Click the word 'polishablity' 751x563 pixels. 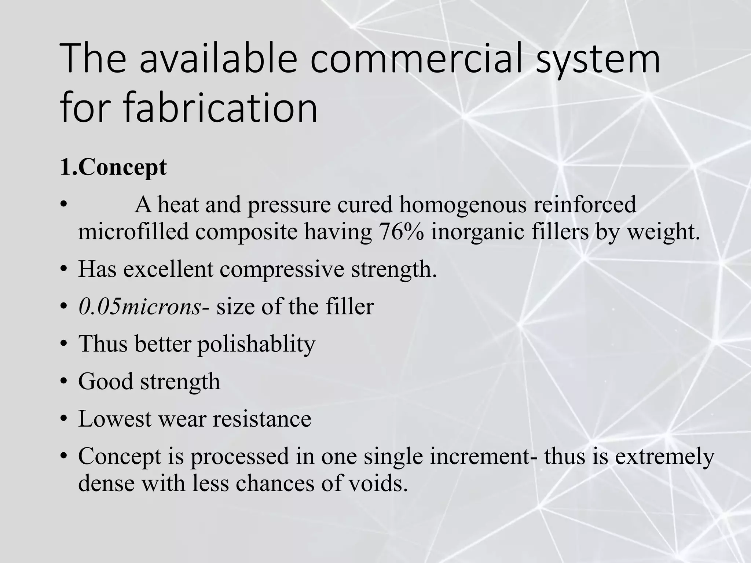[256, 345]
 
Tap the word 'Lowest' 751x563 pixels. [115, 419]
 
